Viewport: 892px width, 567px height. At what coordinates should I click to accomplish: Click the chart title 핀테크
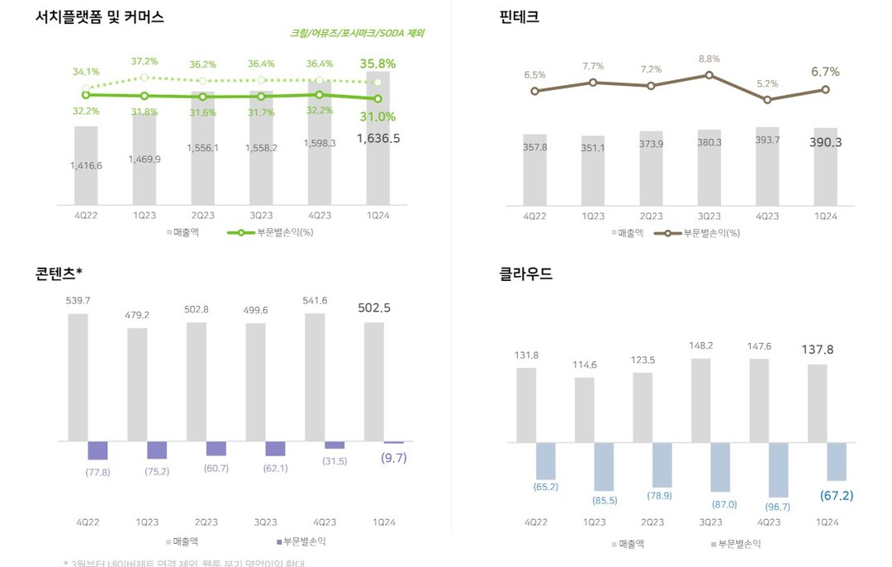520,17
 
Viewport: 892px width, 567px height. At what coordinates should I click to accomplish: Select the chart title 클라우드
526,274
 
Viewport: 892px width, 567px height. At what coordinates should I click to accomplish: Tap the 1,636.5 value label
378,139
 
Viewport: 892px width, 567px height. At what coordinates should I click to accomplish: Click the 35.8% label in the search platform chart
377,63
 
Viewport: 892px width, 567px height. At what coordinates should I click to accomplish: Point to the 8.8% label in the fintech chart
709,59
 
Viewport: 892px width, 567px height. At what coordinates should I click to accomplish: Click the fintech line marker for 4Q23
767,100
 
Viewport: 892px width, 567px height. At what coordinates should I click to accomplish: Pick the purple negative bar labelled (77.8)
97,450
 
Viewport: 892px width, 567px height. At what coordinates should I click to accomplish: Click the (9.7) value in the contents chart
393,458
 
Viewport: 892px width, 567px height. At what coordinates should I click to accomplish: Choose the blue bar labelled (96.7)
777,469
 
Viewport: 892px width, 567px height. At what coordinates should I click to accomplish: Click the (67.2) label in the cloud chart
837,496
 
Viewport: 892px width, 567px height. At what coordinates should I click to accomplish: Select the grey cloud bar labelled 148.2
701,400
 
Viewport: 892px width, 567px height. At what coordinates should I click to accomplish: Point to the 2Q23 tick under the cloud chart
652,522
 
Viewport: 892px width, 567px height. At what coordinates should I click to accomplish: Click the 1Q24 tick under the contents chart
383,522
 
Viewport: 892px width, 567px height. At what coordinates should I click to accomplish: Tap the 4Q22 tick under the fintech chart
534,217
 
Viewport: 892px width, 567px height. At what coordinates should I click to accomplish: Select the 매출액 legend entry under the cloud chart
632,544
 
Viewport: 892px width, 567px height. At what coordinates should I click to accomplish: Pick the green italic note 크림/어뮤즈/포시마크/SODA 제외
358,33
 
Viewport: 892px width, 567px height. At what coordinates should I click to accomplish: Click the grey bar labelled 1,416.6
86,165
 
